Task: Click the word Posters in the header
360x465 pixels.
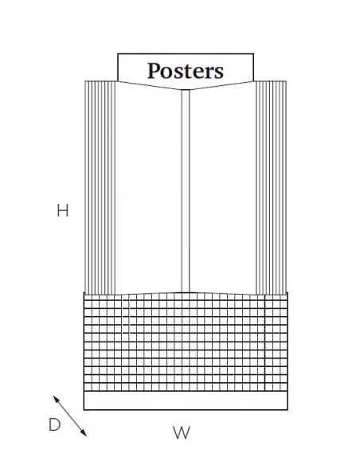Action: (x=186, y=71)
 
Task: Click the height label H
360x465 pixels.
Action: (x=63, y=210)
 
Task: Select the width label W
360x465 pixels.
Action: (x=181, y=432)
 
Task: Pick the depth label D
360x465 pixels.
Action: (x=55, y=424)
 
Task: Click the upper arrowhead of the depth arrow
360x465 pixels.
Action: (x=56, y=398)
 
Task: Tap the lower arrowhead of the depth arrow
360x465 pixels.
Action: (x=84, y=434)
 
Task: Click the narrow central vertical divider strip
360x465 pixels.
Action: (x=186, y=191)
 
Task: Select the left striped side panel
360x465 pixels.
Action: (x=100, y=187)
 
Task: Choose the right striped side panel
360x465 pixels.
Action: (x=271, y=187)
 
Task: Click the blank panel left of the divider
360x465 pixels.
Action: (x=148, y=190)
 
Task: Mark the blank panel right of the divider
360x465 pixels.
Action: (x=222, y=190)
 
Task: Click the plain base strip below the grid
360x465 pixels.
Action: (x=186, y=401)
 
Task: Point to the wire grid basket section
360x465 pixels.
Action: (x=186, y=342)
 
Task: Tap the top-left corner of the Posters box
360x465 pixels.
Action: (x=118, y=53)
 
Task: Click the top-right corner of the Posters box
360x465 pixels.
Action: (x=253, y=53)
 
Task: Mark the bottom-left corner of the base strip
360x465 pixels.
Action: (x=84, y=410)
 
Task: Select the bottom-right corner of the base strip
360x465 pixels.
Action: (x=288, y=410)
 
